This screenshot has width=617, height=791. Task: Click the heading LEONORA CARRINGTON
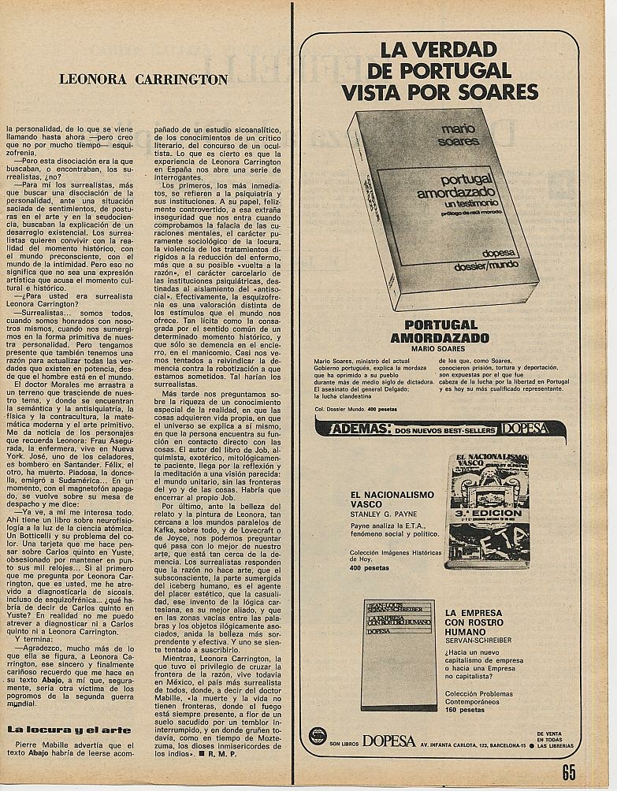click(x=143, y=80)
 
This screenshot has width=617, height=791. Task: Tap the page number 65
click(x=569, y=772)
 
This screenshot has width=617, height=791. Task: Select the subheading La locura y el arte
click(x=58, y=729)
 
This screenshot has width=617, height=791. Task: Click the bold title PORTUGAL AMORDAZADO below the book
click(x=440, y=331)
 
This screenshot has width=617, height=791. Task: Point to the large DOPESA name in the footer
click(x=388, y=741)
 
